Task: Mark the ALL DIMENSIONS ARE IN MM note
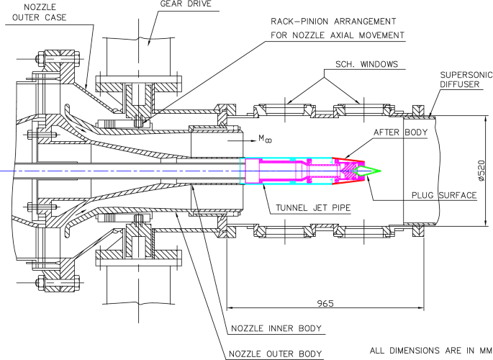(x=427, y=351)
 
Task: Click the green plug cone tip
(x=377, y=171)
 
